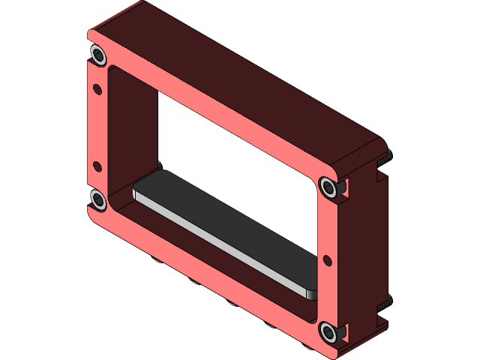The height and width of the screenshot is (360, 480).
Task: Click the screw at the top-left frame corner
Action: (x=97, y=54)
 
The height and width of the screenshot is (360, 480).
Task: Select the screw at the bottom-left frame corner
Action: (x=97, y=199)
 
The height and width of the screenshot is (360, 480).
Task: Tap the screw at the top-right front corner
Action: (x=328, y=187)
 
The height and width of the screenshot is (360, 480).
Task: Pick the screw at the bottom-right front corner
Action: (x=328, y=331)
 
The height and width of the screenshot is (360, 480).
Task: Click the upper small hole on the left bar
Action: (x=97, y=89)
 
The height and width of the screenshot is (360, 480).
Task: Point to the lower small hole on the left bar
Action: (x=97, y=166)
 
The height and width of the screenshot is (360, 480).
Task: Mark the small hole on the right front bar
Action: (x=327, y=260)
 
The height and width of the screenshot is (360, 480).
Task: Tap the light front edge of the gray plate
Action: (x=217, y=238)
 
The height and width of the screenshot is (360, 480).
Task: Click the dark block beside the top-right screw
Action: (x=343, y=187)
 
